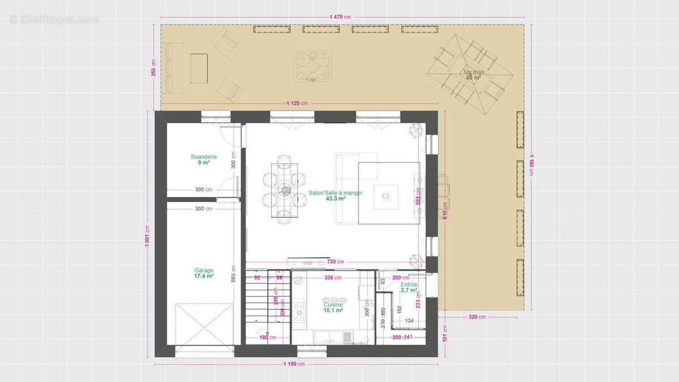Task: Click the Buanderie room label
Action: pos(204,160)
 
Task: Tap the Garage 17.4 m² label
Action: pos(204,273)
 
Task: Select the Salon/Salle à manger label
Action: pos(336,195)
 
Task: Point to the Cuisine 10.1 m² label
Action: pos(333,307)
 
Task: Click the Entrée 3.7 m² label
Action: pos(409,287)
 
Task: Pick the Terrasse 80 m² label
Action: pos(472,74)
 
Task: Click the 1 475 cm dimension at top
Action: pos(342,16)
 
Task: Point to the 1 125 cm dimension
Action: pos(297,103)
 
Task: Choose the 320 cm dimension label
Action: pos(477,317)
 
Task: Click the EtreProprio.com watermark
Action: pos(54,19)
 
